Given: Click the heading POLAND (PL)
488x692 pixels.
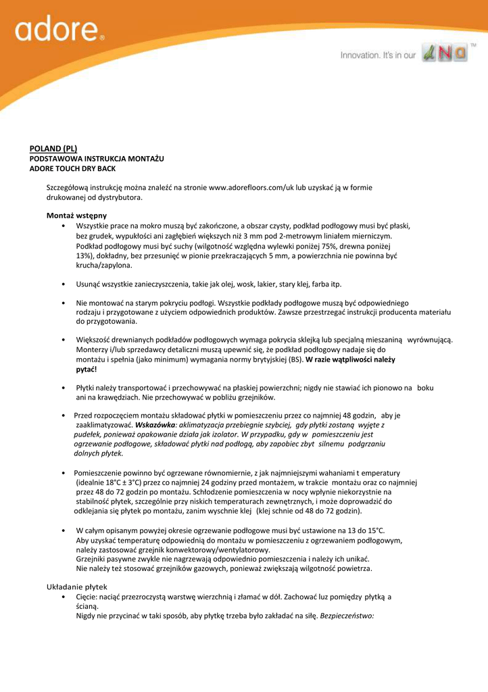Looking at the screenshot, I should click(53, 148).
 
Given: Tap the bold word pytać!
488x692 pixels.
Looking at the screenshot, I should click(86, 369).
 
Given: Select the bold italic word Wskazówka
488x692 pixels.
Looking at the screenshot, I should click(155, 425).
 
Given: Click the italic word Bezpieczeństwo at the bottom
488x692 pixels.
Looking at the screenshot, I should click(347, 616).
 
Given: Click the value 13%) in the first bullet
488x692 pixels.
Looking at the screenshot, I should click(84, 257).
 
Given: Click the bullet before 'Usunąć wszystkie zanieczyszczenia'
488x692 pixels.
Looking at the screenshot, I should click(63, 285).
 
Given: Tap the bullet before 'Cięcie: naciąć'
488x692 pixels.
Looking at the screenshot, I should click(63, 597).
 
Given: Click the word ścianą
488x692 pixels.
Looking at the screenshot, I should click(87, 607).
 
